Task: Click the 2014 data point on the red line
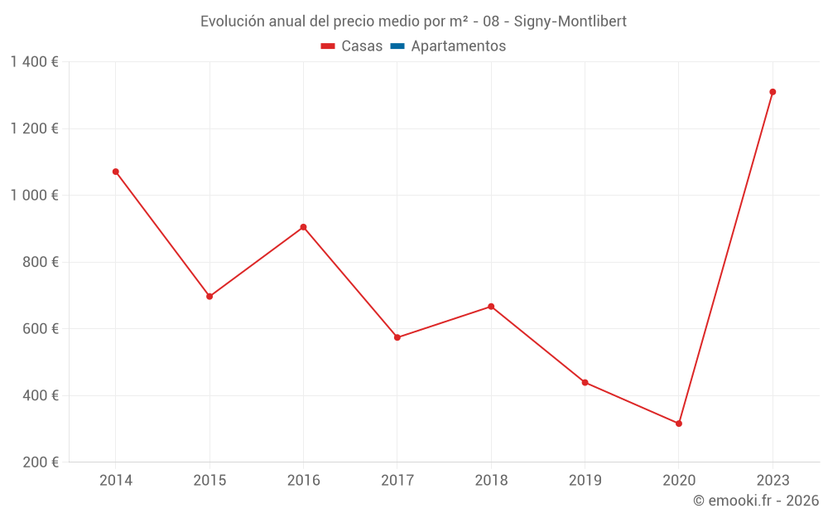click(x=116, y=172)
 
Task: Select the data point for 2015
click(x=209, y=296)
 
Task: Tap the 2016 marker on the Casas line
click(x=303, y=227)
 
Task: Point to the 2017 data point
click(x=397, y=337)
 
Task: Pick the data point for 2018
click(x=491, y=307)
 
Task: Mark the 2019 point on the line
click(x=585, y=382)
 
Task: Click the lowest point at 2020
click(x=679, y=424)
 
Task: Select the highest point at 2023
click(x=773, y=92)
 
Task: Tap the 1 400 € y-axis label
click(x=34, y=62)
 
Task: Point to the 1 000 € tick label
click(x=34, y=196)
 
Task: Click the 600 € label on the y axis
click(x=41, y=329)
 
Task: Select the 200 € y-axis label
click(x=41, y=462)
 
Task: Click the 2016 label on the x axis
click(x=303, y=481)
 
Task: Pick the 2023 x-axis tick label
click(x=773, y=481)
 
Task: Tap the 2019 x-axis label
click(x=585, y=481)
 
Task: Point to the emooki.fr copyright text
click(x=756, y=501)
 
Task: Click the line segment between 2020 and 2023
click(x=725, y=258)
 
